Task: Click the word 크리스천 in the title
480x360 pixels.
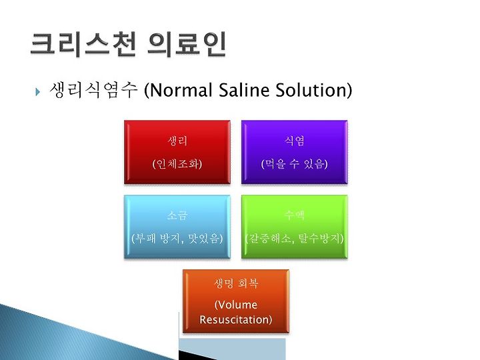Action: click(83, 45)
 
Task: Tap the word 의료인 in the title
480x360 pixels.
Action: click(187, 45)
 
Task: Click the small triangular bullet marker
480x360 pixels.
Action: click(37, 91)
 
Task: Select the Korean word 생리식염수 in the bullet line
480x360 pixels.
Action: click(93, 90)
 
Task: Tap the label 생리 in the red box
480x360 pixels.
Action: click(177, 141)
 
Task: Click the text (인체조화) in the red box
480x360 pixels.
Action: click(177, 164)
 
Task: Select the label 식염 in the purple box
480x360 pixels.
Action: click(294, 141)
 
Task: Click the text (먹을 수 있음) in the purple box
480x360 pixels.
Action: click(294, 164)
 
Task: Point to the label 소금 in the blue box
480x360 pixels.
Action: click(177, 215)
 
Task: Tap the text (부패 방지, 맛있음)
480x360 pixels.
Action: click(177, 238)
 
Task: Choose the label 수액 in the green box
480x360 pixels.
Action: click(294, 215)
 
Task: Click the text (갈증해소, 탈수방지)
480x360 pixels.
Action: click(294, 238)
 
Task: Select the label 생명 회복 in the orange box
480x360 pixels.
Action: click(236, 283)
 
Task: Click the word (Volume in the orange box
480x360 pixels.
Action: click(236, 305)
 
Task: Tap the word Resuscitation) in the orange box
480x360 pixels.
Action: click(236, 319)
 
